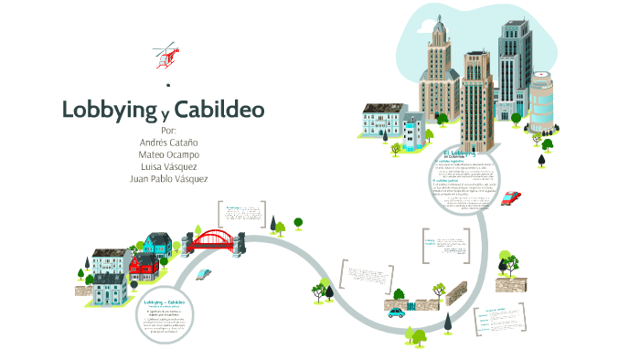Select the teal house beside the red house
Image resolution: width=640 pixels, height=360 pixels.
[157, 244]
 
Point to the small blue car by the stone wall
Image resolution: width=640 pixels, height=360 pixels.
[396, 312]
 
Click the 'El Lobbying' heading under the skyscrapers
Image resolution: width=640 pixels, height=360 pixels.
[454, 153]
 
